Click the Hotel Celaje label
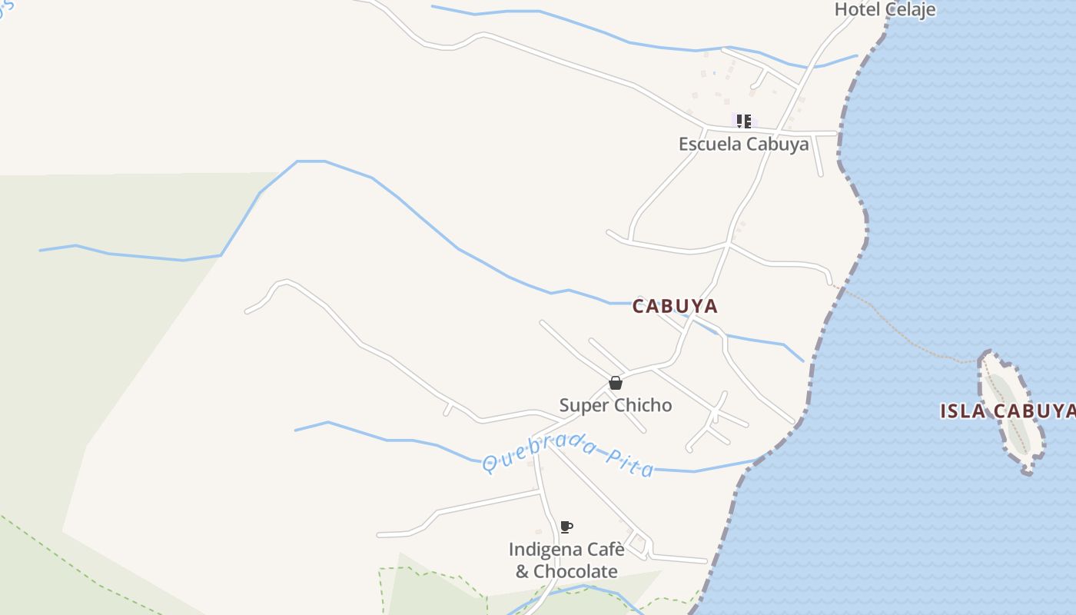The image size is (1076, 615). pos(885,9)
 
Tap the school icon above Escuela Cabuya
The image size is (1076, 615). pos(743,121)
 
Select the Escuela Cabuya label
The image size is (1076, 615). pos(743,144)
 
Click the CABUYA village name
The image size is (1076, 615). pos(675,306)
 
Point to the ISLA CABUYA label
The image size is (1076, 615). pos(1007,411)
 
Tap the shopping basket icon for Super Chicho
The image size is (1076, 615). pos(615,382)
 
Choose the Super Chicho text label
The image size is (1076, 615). pos(615,405)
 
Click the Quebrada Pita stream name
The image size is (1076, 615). pos(569,455)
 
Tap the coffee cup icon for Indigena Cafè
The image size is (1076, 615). pos(566,527)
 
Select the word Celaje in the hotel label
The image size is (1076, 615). pos(910,9)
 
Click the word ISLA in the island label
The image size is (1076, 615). pos(961,411)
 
